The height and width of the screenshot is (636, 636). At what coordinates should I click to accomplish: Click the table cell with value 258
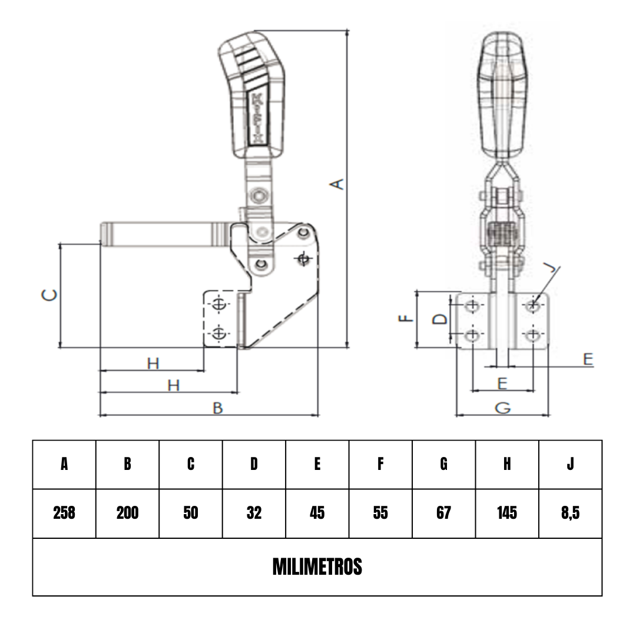pos(64,513)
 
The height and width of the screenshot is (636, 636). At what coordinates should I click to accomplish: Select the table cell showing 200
pos(127,513)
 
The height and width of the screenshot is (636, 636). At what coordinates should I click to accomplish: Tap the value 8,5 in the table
pos(570,513)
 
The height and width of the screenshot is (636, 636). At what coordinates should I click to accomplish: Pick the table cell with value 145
pos(506,513)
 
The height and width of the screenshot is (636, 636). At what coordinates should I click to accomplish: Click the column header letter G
pos(443,464)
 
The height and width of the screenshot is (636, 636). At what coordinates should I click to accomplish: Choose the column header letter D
pos(254,464)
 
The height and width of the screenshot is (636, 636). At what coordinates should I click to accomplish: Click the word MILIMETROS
pos(317,567)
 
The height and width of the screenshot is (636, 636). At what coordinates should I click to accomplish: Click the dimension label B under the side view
pos(217,408)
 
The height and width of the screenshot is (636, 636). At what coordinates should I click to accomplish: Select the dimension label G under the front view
pos(502,408)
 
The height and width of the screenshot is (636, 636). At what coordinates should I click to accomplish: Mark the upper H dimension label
pos(153,364)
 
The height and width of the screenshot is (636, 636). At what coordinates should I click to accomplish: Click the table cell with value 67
pos(443,513)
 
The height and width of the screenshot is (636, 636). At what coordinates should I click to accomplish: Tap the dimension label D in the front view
pos(439,319)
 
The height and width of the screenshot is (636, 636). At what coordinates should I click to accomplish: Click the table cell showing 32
pos(254,513)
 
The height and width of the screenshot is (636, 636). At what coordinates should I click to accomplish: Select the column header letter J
pos(570,464)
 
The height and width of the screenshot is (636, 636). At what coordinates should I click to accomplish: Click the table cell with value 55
pos(380,513)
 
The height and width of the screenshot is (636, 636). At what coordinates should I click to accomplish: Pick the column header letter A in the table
pos(64,464)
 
